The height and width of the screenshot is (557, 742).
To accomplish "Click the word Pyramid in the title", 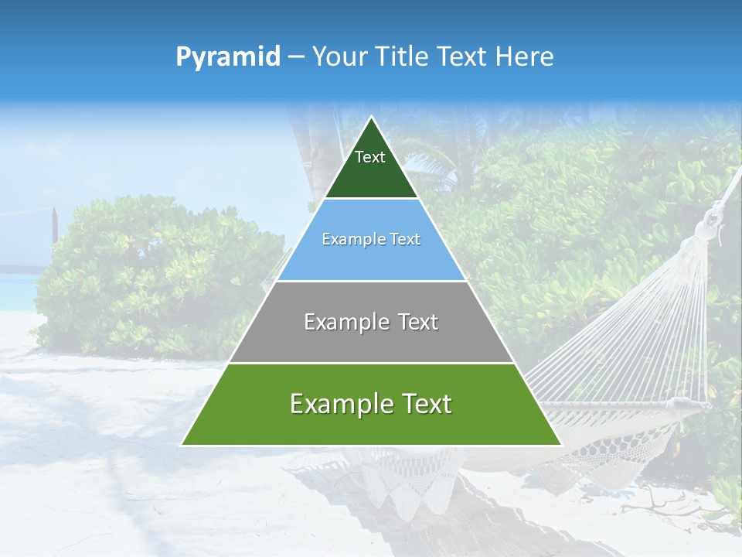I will [228, 57].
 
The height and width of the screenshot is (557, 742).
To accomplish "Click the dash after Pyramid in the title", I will [296, 57].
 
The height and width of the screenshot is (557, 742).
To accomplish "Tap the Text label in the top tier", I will [370, 157].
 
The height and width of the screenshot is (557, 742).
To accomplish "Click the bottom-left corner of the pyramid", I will [182, 445].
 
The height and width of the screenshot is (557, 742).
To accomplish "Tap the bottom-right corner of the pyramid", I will [561, 445].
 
